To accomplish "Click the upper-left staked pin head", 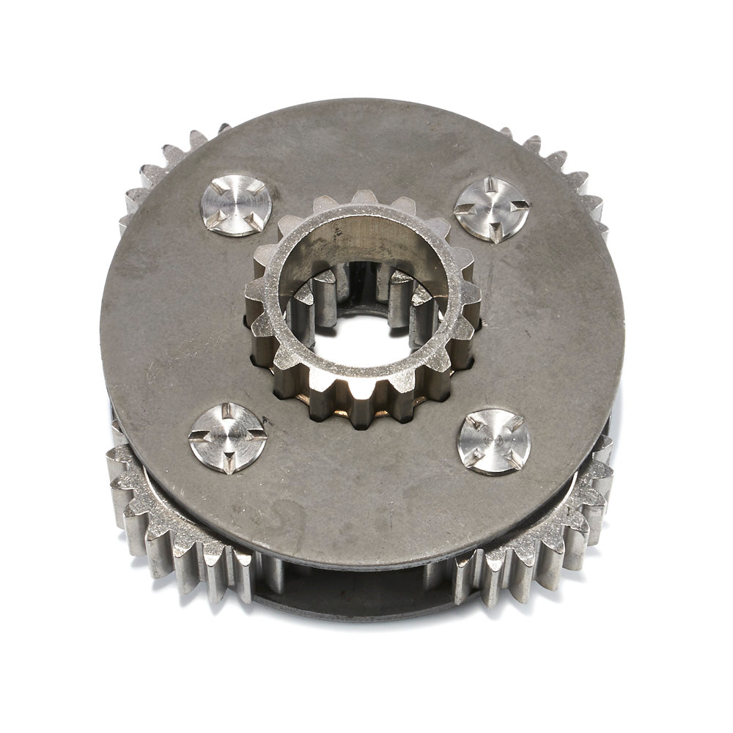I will tap(235, 205).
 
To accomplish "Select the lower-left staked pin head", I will tap(228, 438).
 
